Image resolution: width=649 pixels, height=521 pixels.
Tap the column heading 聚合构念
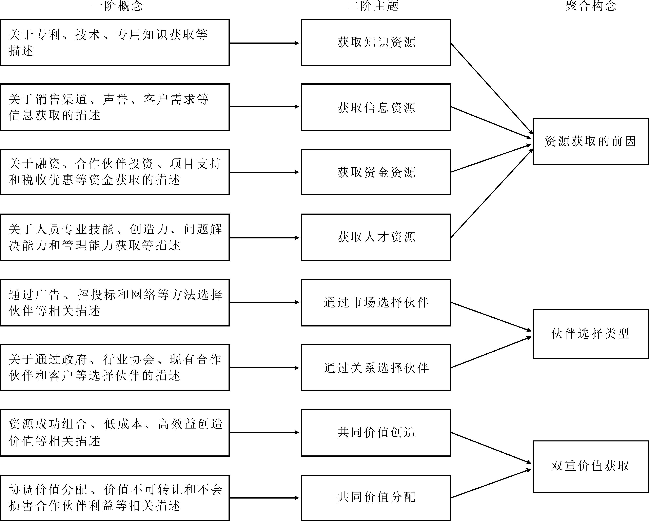click(x=591, y=6)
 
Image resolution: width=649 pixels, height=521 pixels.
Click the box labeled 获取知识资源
click(x=376, y=43)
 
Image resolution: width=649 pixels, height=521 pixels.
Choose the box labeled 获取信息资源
click(x=376, y=107)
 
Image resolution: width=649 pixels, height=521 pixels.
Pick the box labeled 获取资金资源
click(x=376, y=172)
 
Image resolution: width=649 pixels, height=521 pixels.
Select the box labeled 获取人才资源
click(x=376, y=237)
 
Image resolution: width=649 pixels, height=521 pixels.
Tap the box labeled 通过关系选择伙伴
click(x=376, y=368)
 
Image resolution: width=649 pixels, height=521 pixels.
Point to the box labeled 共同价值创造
click(x=376, y=433)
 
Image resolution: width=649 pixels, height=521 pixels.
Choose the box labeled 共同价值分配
click(x=376, y=498)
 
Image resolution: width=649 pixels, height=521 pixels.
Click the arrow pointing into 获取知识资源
click(x=264, y=43)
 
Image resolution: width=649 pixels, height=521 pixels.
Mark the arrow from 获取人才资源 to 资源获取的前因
click(x=492, y=194)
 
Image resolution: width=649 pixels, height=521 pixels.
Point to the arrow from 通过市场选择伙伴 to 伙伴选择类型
click(x=491, y=317)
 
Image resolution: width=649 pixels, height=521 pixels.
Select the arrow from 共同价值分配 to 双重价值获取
click(x=491, y=483)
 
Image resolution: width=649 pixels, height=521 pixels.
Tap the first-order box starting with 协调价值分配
click(x=115, y=498)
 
